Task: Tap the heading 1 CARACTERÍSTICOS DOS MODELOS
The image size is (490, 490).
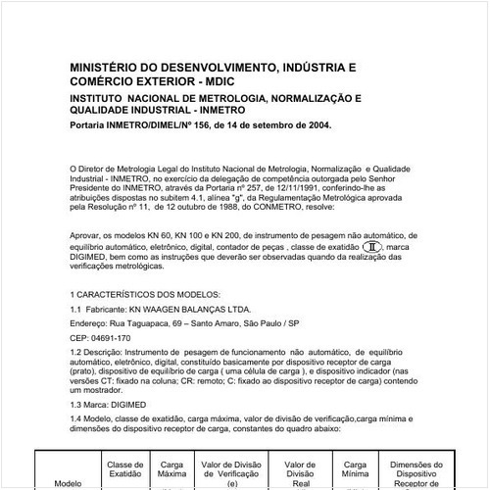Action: pos(146,295)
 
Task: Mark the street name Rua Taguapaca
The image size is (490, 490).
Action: pos(138,322)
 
